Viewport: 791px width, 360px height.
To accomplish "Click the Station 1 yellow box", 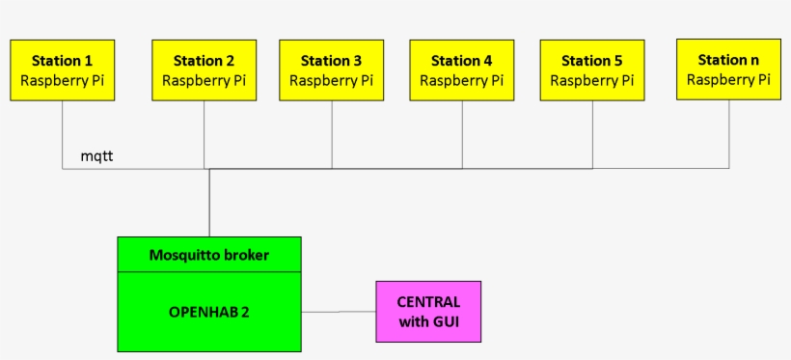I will point(63,70).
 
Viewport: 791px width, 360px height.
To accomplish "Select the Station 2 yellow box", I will point(204,70).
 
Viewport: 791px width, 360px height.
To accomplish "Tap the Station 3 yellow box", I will point(331,70).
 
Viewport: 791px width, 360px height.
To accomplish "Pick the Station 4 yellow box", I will point(461,70).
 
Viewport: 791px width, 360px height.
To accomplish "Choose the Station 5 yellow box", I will point(591,70).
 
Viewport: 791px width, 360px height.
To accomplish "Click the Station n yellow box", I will point(728,69).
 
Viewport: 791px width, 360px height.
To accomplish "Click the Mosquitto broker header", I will point(209,256).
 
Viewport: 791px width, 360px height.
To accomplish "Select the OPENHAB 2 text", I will point(209,312).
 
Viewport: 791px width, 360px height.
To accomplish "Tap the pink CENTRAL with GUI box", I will point(428,312).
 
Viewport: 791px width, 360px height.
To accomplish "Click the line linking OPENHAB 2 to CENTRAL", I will point(338,312).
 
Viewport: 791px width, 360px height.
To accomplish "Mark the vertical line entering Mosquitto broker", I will point(209,203).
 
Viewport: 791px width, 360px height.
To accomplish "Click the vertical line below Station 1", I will point(63,135).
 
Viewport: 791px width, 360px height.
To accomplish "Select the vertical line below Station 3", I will point(332,135).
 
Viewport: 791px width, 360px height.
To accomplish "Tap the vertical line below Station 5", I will point(591,135).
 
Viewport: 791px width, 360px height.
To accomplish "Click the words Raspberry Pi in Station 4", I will point(461,81).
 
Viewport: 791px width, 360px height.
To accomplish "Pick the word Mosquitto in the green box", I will point(182,256).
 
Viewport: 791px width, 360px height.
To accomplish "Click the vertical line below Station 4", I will point(462,135).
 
